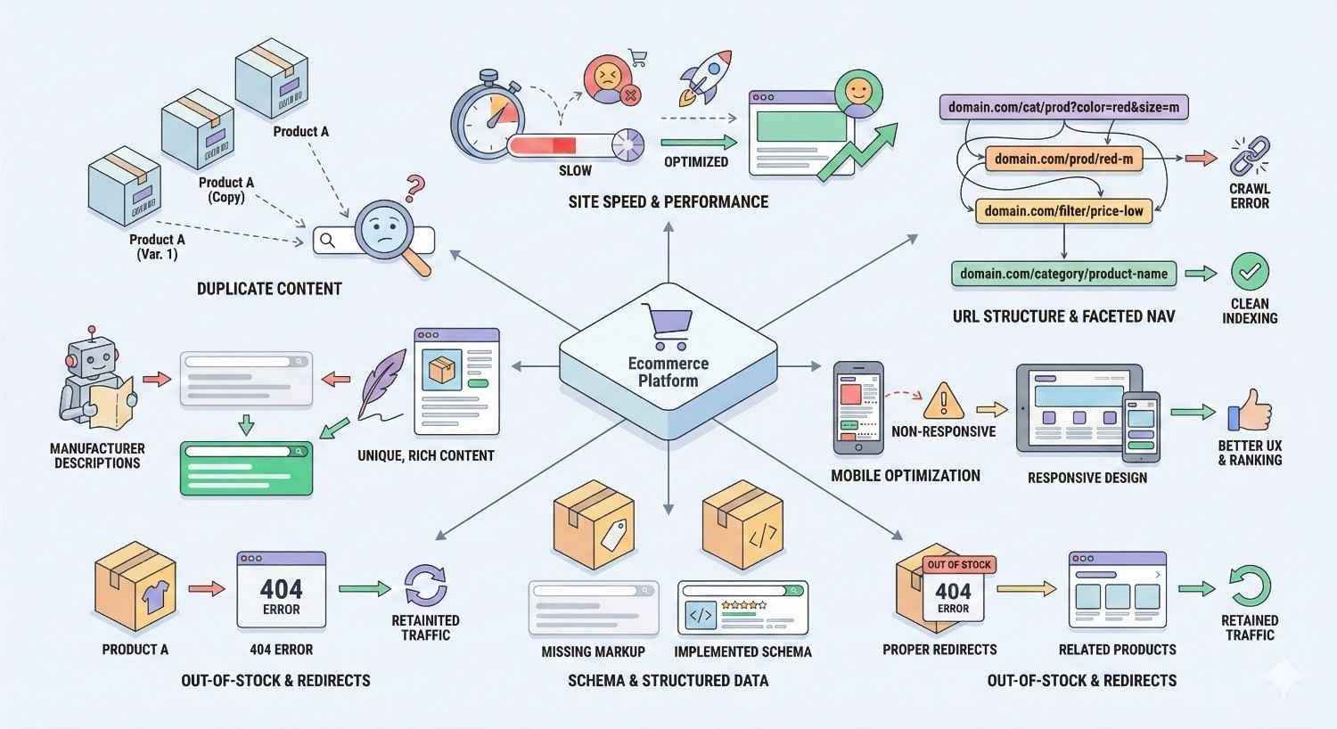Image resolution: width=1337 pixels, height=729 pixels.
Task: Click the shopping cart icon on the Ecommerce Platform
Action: click(667, 325)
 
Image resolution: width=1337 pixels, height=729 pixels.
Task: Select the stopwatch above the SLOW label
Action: click(488, 120)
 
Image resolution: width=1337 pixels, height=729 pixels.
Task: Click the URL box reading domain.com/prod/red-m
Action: click(1063, 160)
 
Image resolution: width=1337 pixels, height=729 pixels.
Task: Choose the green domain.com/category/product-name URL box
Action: click(1063, 274)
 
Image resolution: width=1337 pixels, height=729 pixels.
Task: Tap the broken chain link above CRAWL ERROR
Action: click(1250, 156)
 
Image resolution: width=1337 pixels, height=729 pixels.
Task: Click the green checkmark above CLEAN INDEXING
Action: click(1250, 271)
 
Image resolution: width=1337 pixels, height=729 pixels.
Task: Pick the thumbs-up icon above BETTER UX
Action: click(1250, 412)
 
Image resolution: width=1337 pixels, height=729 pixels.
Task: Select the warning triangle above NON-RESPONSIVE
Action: click(943, 401)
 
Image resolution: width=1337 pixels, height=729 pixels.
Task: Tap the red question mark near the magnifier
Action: click(414, 188)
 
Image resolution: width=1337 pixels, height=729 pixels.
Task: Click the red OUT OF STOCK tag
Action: click(958, 564)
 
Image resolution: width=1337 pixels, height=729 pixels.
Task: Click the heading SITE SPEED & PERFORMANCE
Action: click(668, 202)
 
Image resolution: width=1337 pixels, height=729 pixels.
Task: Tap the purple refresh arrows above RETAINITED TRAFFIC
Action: click(425, 586)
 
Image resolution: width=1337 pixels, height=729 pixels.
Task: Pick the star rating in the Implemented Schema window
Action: click(743, 605)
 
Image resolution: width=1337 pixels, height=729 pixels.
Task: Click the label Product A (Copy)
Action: click(226, 190)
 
